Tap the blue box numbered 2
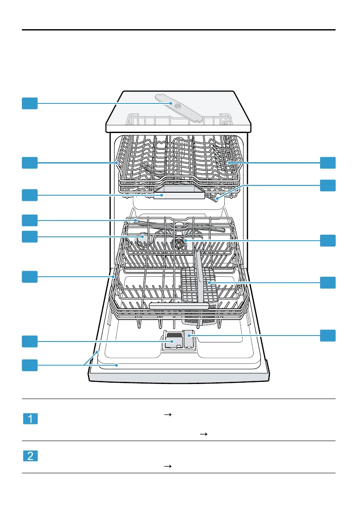point(30,455)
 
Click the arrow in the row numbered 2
point(166,466)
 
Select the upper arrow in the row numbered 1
point(166,414)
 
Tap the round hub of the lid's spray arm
point(171,104)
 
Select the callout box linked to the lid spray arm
point(30,103)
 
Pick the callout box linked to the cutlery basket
point(328,282)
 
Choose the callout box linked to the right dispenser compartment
point(328,336)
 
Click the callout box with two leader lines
point(30,365)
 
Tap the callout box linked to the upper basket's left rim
point(30,163)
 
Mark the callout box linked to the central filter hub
point(328,241)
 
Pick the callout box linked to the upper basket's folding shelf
point(328,163)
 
